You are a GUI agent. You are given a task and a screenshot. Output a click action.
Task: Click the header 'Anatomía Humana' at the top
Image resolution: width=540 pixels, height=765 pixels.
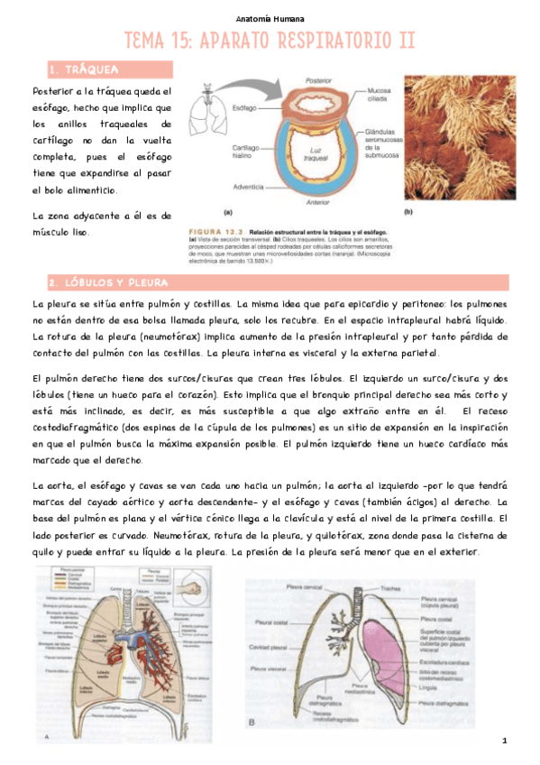tap(270, 18)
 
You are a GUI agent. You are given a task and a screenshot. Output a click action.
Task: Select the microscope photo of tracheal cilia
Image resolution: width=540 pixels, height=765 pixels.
tap(460, 137)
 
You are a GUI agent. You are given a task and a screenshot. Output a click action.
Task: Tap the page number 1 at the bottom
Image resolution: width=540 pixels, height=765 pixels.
tap(506, 741)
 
